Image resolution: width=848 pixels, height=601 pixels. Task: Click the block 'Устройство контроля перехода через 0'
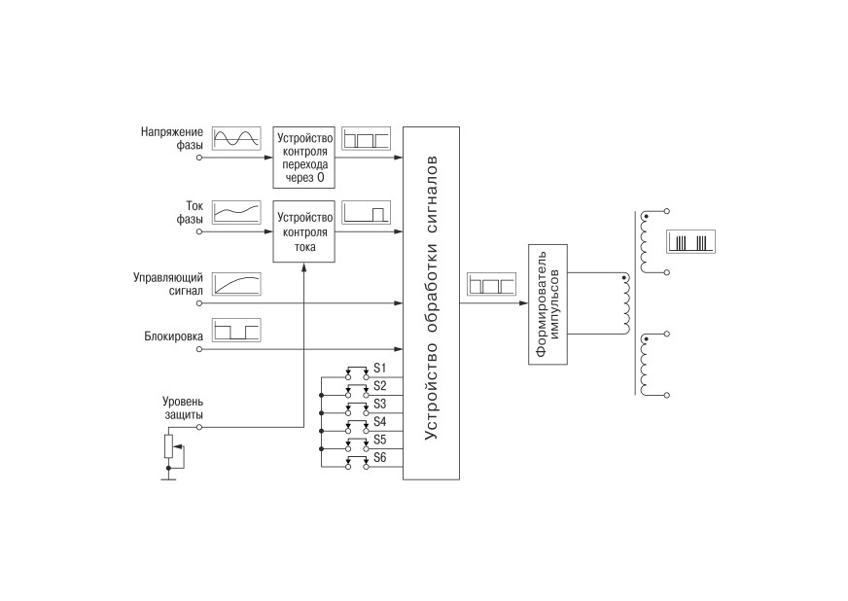304,158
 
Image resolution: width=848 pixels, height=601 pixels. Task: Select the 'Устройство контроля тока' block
304,231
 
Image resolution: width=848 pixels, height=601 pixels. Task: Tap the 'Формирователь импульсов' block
548,304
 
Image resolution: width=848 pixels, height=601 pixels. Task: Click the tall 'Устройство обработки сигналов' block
431,303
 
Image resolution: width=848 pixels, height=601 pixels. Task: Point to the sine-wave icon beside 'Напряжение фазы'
236,138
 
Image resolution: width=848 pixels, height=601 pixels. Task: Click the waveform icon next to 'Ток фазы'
236,212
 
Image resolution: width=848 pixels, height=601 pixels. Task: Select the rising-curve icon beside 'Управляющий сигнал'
236,284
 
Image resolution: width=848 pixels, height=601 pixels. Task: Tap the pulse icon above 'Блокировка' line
236,330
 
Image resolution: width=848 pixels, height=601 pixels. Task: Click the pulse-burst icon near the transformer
691,242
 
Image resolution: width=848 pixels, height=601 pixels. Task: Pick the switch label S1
379,369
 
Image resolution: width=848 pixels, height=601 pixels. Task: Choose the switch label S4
379,421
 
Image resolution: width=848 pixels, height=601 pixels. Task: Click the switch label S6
379,458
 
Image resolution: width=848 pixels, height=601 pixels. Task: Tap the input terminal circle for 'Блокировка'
199,349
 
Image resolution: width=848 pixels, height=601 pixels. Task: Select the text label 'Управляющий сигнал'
167,284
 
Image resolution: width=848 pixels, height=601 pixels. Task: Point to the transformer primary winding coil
625,304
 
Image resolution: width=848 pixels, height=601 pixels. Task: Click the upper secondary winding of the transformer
644,242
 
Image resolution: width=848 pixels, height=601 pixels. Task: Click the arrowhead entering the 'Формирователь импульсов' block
524,303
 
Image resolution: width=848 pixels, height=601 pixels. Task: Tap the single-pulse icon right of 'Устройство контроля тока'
366,212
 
